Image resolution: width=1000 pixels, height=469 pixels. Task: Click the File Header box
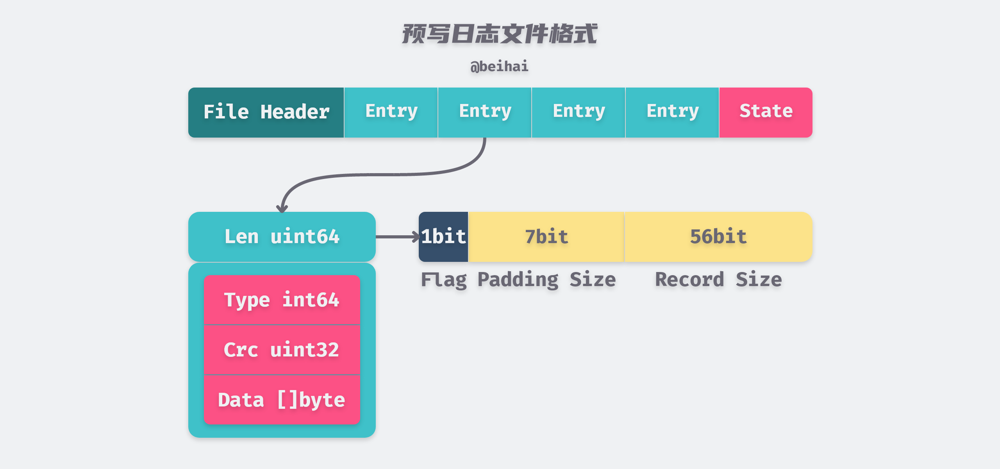(x=266, y=112)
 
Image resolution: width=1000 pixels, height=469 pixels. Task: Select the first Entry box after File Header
(x=391, y=112)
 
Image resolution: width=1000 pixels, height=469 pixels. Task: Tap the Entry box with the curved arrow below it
(x=485, y=112)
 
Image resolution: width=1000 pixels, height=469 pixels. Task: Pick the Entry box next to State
(x=672, y=112)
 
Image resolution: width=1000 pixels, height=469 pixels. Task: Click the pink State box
(x=766, y=112)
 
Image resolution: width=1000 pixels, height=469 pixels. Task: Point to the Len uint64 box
(x=282, y=237)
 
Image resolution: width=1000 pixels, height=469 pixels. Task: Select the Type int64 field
(x=282, y=300)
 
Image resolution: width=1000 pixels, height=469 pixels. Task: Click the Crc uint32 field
(x=282, y=349)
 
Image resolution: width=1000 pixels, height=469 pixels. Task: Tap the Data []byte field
(x=282, y=399)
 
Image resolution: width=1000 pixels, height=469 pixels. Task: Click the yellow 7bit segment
(x=546, y=237)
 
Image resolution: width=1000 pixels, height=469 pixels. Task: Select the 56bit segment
(x=718, y=237)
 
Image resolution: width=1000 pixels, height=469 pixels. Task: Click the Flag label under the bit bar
(x=444, y=280)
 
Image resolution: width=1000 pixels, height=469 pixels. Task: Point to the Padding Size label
(x=546, y=280)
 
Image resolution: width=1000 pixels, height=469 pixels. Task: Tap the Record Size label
(x=718, y=280)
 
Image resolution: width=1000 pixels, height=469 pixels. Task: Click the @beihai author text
(x=499, y=66)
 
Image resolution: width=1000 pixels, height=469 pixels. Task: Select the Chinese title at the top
(x=499, y=34)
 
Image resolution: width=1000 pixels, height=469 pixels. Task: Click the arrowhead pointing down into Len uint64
(x=282, y=209)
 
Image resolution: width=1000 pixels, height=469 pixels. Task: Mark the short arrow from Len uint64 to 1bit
(x=396, y=237)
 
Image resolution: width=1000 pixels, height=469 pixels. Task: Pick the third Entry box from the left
(x=579, y=112)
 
